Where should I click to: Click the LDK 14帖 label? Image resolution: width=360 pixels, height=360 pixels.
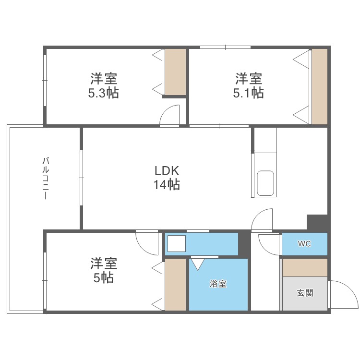coord(167,177)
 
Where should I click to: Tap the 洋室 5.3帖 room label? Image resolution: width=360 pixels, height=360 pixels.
coord(103,85)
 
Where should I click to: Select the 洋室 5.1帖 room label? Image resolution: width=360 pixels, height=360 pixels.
coord(248,85)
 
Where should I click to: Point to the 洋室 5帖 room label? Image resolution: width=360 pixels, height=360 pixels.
coord(103,270)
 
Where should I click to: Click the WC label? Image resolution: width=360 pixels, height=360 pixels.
coord(304,244)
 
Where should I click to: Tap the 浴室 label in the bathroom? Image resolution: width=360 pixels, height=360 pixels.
coord(218,284)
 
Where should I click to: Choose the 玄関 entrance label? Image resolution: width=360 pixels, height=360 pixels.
coord(304,293)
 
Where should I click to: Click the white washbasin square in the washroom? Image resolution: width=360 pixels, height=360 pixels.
coord(176,244)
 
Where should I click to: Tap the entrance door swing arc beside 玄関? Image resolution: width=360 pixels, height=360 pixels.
coord(343,294)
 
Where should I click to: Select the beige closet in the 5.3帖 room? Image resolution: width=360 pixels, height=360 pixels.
coord(175,72)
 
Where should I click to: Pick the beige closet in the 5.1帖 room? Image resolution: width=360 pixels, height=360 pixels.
coord(319,86)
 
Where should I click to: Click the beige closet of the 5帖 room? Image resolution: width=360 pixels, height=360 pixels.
coord(175,285)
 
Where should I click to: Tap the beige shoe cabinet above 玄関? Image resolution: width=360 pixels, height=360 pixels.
coord(304,267)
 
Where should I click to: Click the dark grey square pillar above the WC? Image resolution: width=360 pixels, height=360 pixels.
coord(317,223)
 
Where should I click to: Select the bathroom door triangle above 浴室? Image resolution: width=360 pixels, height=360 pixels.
coord(198,264)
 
